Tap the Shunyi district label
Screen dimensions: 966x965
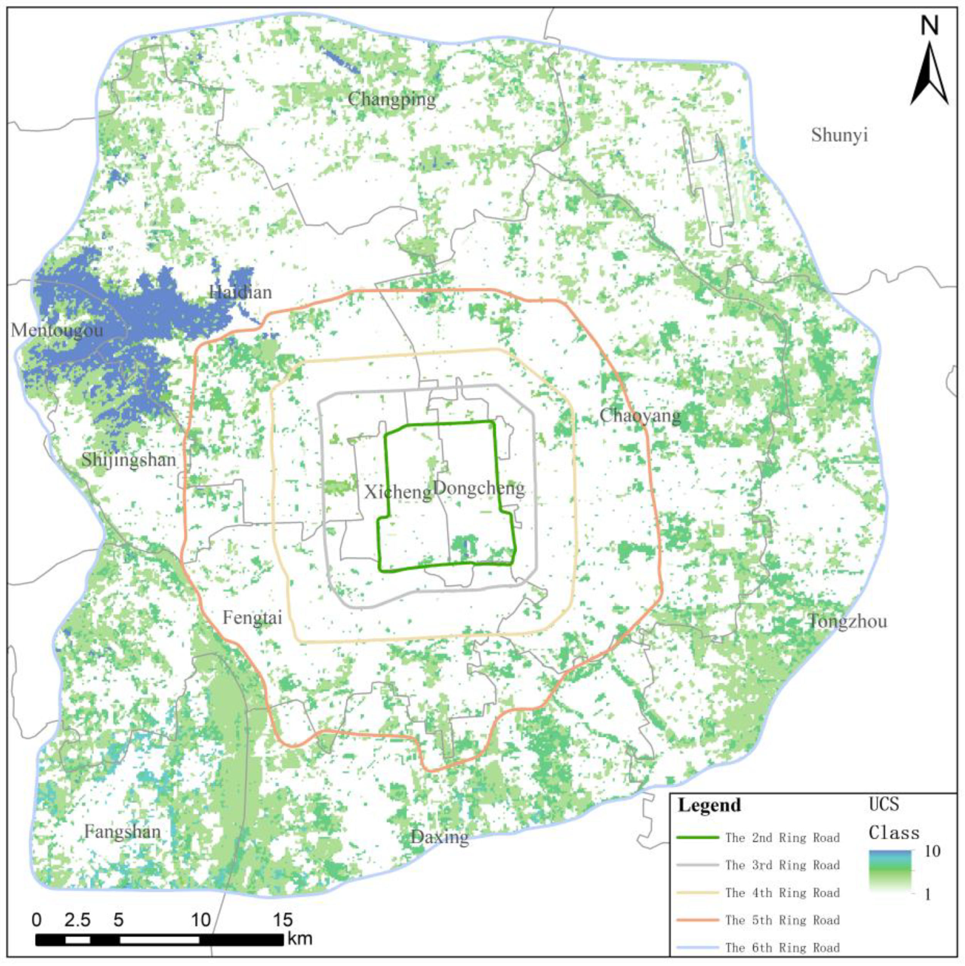coord(839,135)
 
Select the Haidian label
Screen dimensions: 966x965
coord(241,292)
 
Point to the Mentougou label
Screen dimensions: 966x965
coord(57,330)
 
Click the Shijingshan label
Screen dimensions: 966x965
coord(129,460)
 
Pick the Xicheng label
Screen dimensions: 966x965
coord(398,492)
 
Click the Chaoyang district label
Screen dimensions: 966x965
coord(640,415)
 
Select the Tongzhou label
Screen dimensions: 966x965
coord(848,622)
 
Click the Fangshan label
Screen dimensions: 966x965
coord(122,832)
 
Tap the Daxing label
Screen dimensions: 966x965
coord(440,837)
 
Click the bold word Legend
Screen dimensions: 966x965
coord(709,806)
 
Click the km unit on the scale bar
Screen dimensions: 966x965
coord(300,939)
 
